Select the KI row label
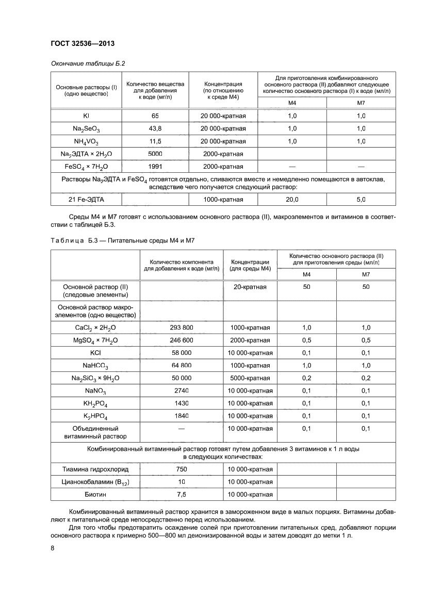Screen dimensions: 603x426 point(86,116)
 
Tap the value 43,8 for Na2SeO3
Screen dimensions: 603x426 point(155,128)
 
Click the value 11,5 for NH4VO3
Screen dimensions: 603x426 point(155,141)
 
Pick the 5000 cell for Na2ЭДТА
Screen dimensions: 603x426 point(155,154)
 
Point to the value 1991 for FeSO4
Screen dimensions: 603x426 point(155,166)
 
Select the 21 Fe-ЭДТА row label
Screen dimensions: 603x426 point(86,199)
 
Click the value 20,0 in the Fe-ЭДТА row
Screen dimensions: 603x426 point(292,199)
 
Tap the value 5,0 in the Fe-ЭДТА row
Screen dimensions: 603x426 point(361,199)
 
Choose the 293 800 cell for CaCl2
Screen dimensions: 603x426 point(181,328)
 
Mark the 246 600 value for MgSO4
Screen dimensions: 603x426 point(181,340)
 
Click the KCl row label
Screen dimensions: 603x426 point(95,353)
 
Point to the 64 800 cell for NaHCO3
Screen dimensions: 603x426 point(181,365)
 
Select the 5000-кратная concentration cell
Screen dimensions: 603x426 point(250,378)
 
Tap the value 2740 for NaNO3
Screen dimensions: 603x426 point(181,390)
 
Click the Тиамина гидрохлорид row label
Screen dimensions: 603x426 point(95,469)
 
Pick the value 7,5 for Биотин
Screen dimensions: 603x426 point(181,495)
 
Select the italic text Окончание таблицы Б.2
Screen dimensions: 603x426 point(87,63)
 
